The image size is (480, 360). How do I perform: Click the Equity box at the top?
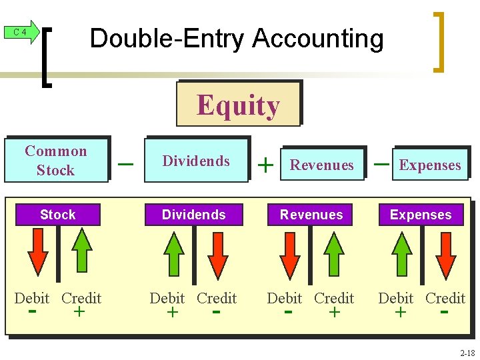click(238, 105)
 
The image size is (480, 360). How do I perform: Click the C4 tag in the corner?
click(21, 32)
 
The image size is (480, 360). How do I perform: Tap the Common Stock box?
click(56, 160)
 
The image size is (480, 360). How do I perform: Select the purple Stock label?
click(57, 215)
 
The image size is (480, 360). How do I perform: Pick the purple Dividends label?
click(194, 215)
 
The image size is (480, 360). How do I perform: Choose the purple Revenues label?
click(311, 215)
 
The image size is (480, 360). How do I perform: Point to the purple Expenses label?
click(420, 215)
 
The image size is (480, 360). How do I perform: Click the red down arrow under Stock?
click(39, 251)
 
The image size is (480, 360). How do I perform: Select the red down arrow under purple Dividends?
click(217, 251)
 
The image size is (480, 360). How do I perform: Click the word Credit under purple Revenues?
click(334, 298)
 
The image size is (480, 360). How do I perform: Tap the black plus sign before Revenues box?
click(266, 165)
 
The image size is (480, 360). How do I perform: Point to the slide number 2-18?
click(466, 353)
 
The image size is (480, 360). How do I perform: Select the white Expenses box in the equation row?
click(430, 165)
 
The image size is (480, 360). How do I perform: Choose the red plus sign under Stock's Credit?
click(79, 311)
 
